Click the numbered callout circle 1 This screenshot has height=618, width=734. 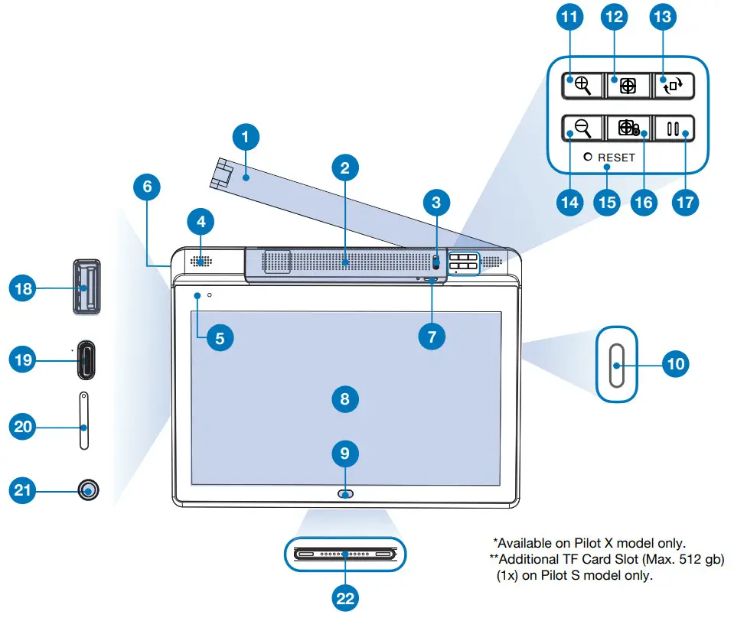coord(245,138)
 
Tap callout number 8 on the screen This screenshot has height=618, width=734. coord(345,398)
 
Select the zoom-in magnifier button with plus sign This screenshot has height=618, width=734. coord(582,86)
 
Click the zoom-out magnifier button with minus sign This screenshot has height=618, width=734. coord(582,128)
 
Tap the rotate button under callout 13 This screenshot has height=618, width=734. coord(674,86)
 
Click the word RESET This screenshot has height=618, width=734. coord(617,158)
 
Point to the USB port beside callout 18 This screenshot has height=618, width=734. coord(86,288)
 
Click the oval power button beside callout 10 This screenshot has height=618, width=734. coord(617,363)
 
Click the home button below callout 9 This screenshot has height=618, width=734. coord(346,494)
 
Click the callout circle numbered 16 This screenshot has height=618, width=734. coord(642,201)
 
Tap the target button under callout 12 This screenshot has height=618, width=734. coord(628,86)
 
